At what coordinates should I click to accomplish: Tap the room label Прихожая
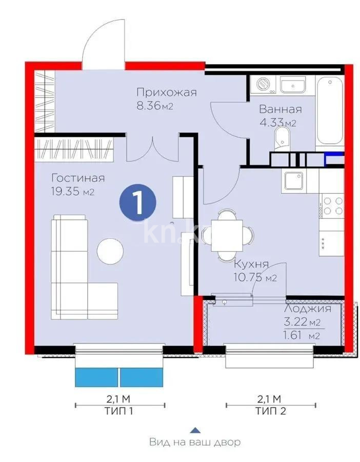(167, 92)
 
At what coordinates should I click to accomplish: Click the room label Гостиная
(78, 178)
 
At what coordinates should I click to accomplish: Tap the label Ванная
(280, 109)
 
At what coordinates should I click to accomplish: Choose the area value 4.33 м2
(277, 123)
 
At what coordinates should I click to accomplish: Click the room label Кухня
(251, 265)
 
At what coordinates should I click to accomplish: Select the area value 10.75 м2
(255, 278)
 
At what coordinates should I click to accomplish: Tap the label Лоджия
(307, 309)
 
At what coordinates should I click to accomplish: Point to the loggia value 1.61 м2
(303, 336)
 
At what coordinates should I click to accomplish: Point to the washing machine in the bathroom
(262, 84)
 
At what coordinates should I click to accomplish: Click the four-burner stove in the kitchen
(331, 205)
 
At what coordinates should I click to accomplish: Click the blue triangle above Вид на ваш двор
(194, 430)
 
